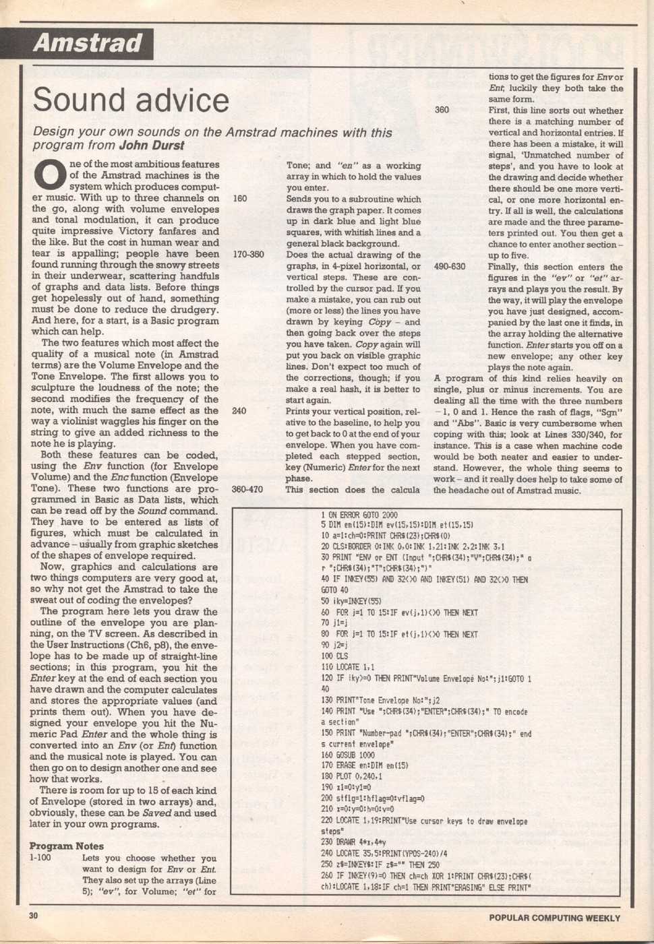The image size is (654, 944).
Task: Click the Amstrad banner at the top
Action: pos(87,44)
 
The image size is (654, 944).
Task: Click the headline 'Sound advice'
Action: pos(131,100)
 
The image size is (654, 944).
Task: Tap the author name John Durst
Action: pos(152,145)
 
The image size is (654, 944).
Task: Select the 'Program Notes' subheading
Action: pos(66,846)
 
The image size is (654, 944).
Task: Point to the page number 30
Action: pos(34,916)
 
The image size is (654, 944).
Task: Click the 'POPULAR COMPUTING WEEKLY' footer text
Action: pos(554,918)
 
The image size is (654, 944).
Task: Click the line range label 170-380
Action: pos(247,255)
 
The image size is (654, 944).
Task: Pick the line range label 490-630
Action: pos(450,267)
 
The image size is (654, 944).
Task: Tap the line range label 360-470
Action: pos(247,489)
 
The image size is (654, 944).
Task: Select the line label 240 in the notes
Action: pos(239,411)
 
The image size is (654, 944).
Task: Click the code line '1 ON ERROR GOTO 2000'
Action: pos(359,515)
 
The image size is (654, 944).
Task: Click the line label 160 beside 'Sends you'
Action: pos(239,199)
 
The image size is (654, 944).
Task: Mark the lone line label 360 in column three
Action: pos(442,110)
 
